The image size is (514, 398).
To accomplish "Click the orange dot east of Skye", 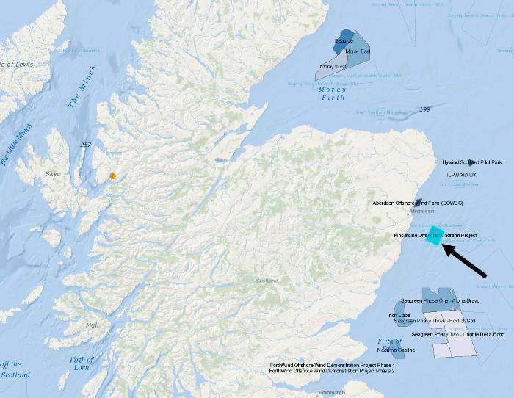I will tap(112, 176).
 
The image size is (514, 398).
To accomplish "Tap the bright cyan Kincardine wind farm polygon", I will tap(435, 235).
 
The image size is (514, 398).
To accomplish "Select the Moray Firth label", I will tap(332, 93).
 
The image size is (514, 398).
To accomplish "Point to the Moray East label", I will tap(358, 51).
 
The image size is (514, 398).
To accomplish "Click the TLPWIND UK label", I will tap(461, 174).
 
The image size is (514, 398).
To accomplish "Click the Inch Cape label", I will tap(399, 316).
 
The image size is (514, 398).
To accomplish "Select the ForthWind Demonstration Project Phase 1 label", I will tap(332, 365).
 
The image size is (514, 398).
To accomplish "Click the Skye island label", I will tap(53, 173).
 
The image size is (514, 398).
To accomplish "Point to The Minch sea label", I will tap(83, 93).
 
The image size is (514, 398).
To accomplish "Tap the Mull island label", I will tap(92, 324).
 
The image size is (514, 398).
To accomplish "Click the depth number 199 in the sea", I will tap(424, 109).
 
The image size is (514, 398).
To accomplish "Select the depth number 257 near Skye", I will tap(86, 145).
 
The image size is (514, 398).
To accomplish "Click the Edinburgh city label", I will tap(331, 393).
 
